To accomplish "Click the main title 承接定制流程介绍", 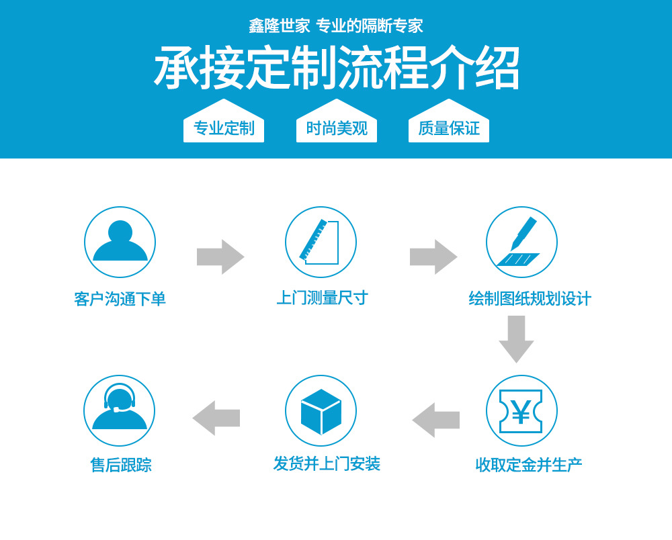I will [337, 68].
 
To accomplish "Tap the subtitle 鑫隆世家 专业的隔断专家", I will [336, 26].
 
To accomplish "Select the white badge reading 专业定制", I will [224, 126].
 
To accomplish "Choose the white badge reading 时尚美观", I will [337, 126].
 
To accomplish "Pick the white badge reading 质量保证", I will [449, 126].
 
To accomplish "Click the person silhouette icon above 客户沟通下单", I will [120, 242].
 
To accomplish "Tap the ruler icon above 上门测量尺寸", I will [321, 242].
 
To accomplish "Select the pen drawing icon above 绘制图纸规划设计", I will [521, 242].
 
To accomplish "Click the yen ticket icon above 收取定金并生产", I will [521, 410].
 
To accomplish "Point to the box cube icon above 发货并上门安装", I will [321, 410].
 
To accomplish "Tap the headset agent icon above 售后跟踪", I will [119, 410].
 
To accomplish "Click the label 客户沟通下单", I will [120, 299].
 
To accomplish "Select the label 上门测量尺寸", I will [323, 298].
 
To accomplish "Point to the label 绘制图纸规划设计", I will [530, 298].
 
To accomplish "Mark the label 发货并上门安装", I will [327, 463].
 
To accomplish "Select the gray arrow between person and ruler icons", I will [220, 257].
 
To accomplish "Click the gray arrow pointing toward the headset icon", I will [216, 418].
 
